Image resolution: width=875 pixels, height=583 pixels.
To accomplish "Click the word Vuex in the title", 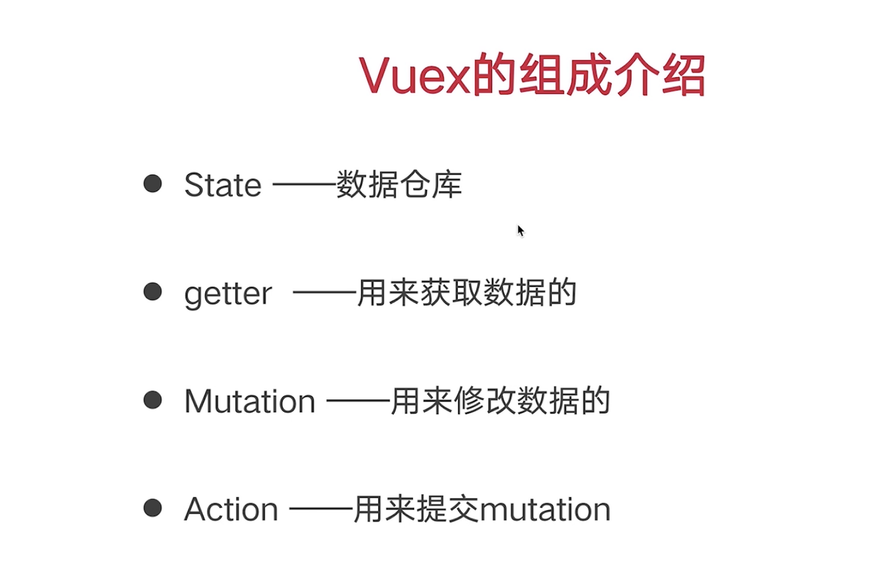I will tap(414, 76).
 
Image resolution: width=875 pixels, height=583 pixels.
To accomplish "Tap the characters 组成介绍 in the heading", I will tap(611, 76).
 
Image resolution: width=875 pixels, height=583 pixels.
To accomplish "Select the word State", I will tap(222, 185).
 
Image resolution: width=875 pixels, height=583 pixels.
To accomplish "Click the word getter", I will tap(228, 294).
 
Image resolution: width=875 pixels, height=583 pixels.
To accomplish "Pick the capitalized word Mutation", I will tap(249, 401).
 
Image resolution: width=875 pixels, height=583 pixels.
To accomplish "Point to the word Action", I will tap(231, 509).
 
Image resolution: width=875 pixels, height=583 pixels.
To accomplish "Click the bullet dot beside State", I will tap(153, 184).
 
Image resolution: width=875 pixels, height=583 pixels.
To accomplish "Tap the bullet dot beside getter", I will tap(153, 291).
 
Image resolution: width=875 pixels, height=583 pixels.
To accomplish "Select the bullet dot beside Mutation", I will tap(153, 400).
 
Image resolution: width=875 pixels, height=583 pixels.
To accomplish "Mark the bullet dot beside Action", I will tap(153, 507).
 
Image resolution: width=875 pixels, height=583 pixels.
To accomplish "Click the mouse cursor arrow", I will tap(520, 230).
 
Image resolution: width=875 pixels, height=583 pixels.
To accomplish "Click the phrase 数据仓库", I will tap(399, 185).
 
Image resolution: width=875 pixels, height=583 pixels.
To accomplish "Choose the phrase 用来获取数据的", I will tap(466, 293).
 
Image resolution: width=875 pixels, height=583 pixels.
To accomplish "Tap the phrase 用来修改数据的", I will tap(500, 401).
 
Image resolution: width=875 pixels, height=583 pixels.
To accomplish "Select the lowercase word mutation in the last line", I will tap(545, 509).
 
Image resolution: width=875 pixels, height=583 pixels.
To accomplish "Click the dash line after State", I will tap(304, 185).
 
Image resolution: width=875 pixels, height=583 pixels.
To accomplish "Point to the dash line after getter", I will tap(325, 293).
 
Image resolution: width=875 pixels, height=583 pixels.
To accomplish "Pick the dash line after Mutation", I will tap(358, 401).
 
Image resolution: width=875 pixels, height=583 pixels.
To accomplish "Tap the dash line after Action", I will tap(321, 509).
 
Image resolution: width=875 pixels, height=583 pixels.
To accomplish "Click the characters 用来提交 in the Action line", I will tap(416, 509).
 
